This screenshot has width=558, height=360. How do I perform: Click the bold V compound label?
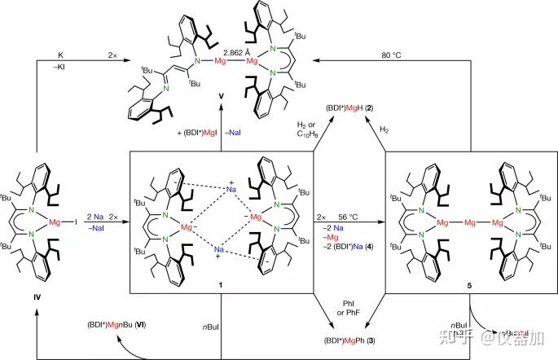point(221,119)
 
